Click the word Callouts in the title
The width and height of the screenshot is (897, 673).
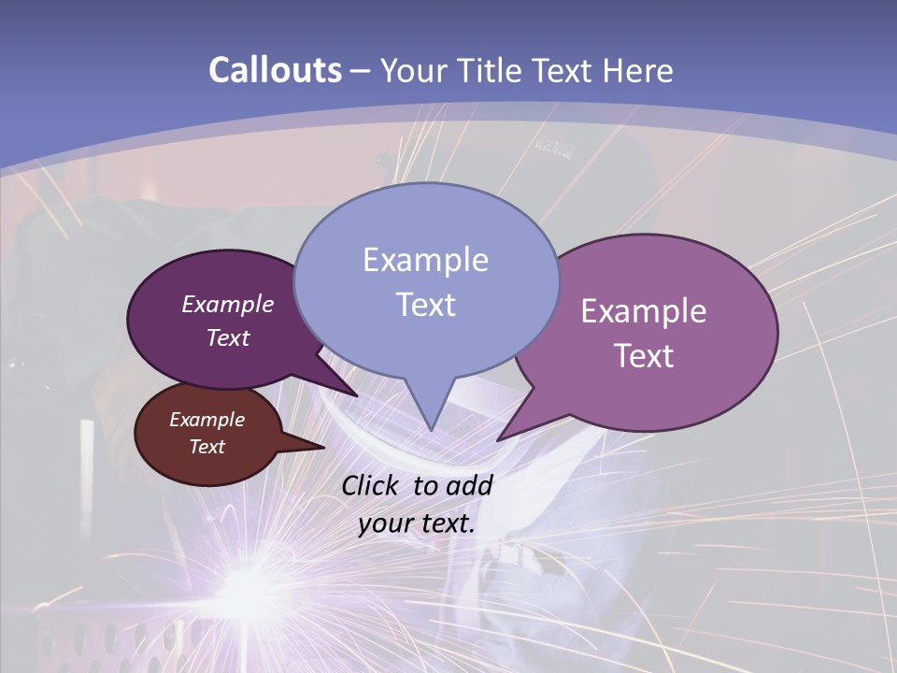pyautogui.click(x=275, y=70)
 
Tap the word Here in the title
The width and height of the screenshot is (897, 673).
pyautogui.click(x=638, y=70)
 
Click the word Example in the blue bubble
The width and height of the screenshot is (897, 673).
pyautogui.click(x=425, y=260)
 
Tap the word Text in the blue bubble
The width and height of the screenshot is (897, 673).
pyautogui.click(x=425, y=305)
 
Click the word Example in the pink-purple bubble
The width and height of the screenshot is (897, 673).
pyautogui.click(x=644, y=311)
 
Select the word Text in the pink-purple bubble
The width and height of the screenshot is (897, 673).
pyautogui.click(x=644, y=356)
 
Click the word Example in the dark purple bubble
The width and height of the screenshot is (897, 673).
pyautogui.click(x=228, y=304)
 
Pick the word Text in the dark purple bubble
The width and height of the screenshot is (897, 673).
pyautogui.click(x=228, y=337)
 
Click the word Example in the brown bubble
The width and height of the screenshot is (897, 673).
pyautogui.click(x=206, y=420)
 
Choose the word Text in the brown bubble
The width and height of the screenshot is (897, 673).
pyautogui.click(x=206, y=447)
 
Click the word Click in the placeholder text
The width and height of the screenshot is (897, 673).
pyautogui.click(x=370, y=485)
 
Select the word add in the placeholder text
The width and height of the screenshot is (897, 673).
pyautogui.click(x=469, y=485)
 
